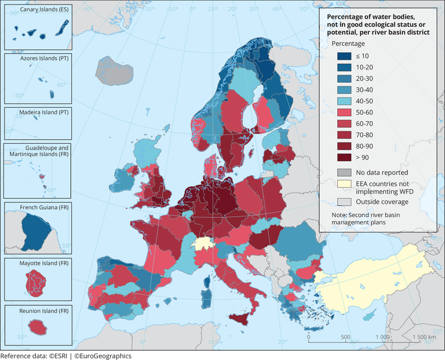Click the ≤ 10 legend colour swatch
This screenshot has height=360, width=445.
click(345, 56)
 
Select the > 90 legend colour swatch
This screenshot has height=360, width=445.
click(345, 157)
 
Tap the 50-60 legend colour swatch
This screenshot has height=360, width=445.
click(345, 111)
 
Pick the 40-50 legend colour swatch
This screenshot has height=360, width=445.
click(345, 100)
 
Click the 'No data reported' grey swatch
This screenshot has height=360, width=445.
click(345, 172)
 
